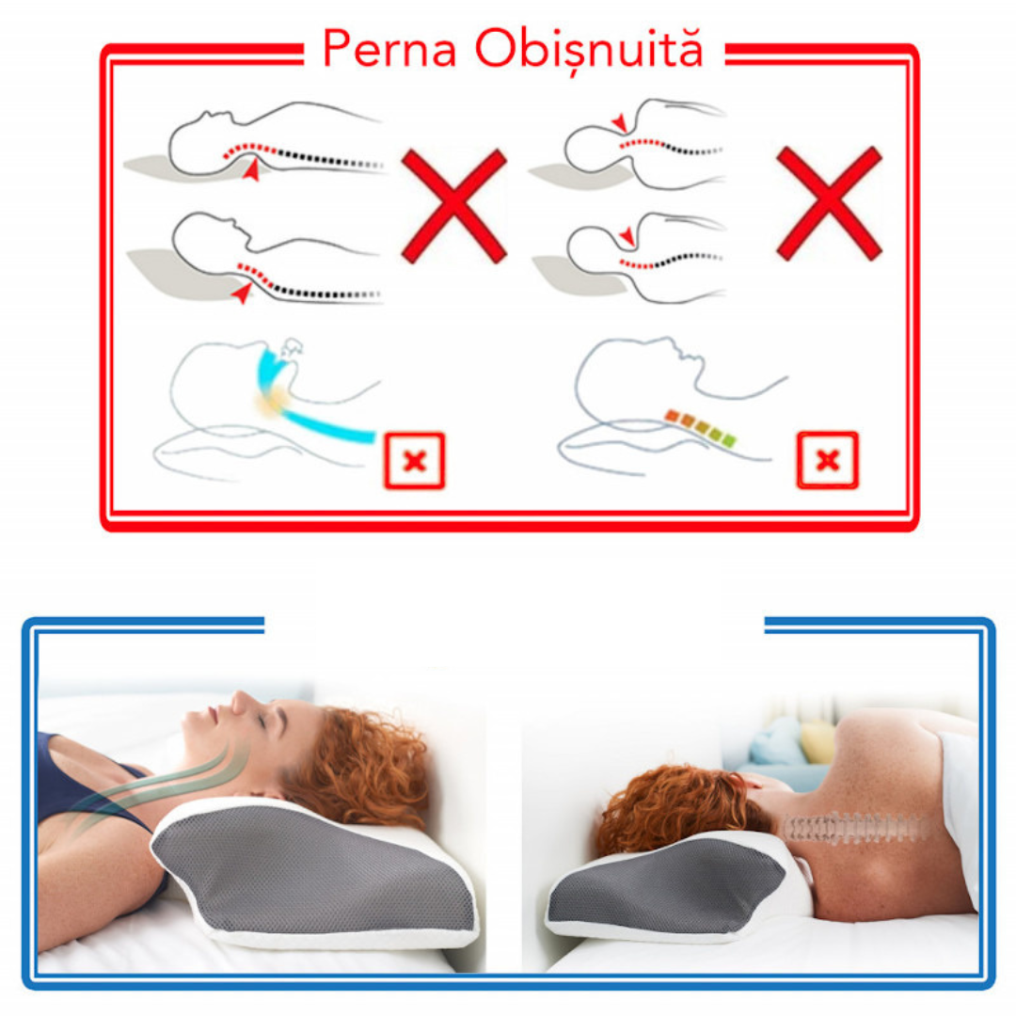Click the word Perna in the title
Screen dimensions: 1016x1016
389,48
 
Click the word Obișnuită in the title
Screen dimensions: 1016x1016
589,49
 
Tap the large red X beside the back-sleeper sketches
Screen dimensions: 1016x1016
453,205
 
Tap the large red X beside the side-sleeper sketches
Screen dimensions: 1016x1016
829,203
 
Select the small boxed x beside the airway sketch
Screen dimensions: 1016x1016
415,461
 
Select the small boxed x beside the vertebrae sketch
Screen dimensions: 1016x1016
828,460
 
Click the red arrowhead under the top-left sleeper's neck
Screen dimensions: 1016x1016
251,169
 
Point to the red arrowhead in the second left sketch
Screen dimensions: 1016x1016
243,293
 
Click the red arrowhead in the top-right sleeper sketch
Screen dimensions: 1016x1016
619,121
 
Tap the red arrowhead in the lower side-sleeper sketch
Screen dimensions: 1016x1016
627,236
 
